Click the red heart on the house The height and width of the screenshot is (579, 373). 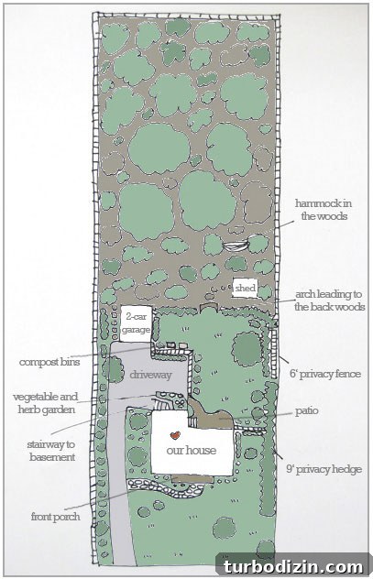175,435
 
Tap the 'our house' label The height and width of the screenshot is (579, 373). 191,450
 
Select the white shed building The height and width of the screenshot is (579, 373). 245,288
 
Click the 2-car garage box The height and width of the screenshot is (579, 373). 136,323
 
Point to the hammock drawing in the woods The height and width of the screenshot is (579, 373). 236,246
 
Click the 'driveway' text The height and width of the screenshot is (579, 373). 150,375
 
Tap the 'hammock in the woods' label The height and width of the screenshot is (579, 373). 323,210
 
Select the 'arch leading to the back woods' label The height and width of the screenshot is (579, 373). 329,300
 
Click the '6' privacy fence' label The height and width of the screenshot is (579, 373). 325,374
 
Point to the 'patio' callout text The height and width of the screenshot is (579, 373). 306,411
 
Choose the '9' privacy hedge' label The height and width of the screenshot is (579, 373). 324,469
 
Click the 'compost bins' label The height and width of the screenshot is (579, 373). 49,362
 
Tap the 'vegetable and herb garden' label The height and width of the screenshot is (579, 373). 46,403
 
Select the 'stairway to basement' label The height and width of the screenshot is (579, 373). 51,451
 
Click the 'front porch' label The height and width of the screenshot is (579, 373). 55,516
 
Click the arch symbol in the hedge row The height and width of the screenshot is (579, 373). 209,308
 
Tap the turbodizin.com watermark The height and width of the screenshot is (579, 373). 293,566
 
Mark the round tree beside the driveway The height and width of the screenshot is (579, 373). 113,369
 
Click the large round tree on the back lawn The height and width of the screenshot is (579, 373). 247,349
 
